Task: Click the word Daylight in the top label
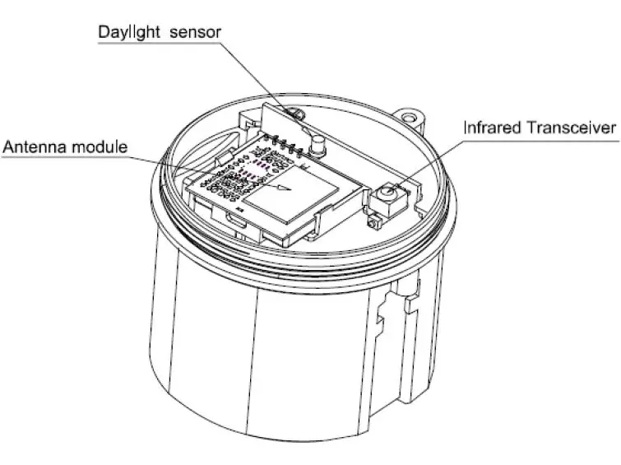coord(127,33)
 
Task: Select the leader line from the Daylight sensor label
coord(255,74)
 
